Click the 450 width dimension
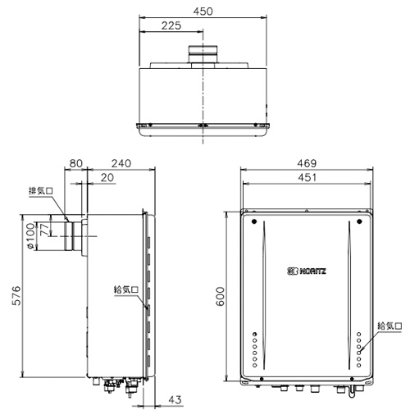click(203, 11)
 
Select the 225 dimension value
click(171, 25)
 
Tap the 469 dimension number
click(307, 163)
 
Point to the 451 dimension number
click(307, 177)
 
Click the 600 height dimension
click(220, 296)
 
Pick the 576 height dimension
click(16, 295)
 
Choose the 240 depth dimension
click(121, 163)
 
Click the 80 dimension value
click(75, 163)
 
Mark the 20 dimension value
click(107, 178)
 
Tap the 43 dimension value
click(175, 400)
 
